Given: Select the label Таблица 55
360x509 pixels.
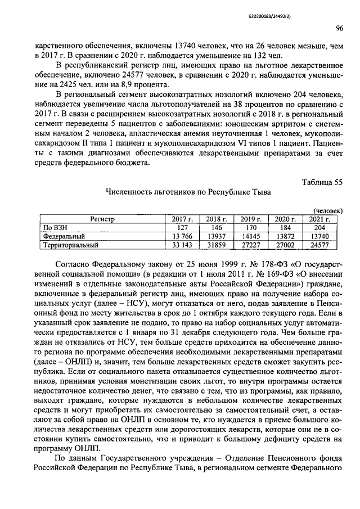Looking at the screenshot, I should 322,181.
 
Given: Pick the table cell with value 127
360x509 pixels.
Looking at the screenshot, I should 182,228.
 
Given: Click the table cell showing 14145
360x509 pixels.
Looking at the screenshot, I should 251,237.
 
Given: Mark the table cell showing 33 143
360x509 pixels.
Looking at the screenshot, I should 182,245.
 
